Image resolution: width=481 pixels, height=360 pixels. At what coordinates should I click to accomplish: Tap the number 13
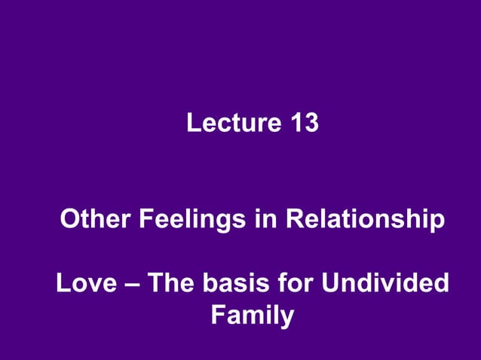coord(303,123)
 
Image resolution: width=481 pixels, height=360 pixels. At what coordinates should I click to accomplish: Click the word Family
coord(252,315)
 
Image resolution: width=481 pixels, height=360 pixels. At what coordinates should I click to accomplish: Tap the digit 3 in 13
coord(311,123)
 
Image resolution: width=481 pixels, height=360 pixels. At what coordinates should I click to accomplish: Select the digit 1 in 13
coord(294,123)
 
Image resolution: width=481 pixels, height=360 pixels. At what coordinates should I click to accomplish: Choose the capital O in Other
coord(69,221)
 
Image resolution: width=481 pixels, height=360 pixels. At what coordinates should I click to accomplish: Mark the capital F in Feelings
coord(144,221)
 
